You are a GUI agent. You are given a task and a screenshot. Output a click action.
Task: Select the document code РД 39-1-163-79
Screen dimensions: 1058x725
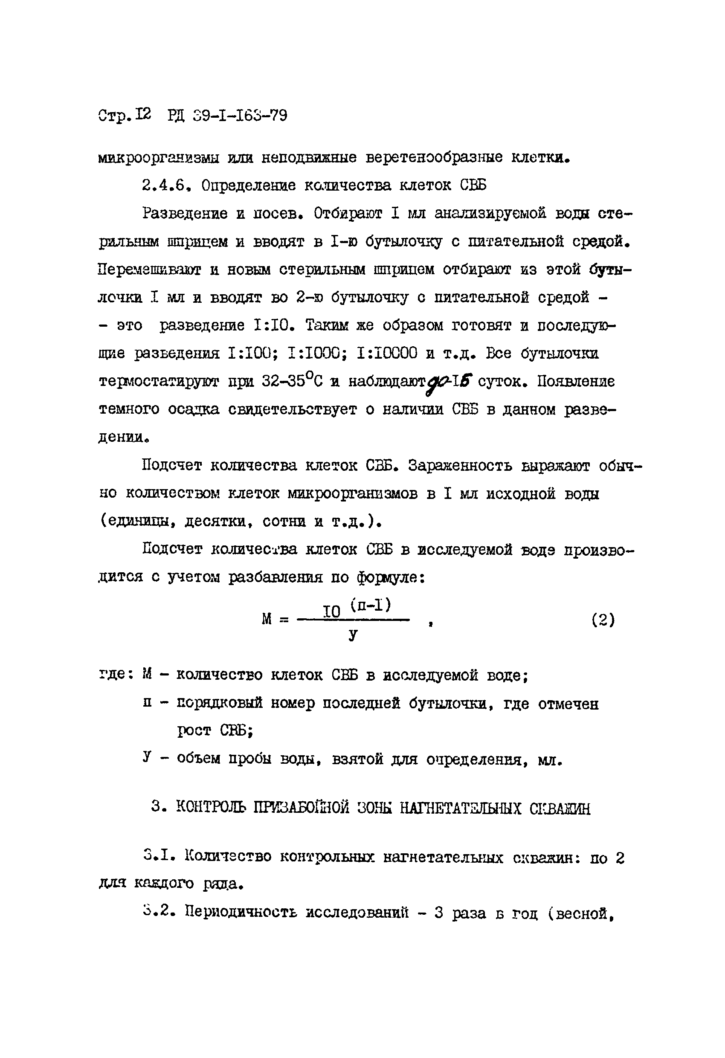pos(227,116)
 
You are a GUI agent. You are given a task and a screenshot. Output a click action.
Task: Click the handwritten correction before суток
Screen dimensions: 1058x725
pos(448,380)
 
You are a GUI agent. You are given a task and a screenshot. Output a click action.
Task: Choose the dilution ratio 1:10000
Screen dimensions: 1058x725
pos(388,353)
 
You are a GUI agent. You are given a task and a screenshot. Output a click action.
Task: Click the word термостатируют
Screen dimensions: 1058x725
pos(159,382)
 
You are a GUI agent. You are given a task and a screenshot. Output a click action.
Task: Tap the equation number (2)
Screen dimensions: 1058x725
pos(603,620)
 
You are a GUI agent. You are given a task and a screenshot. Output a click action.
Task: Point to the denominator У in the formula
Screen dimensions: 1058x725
pos(353,634)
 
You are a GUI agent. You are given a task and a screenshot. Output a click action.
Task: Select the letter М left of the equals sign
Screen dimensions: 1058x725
pos(267,619)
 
